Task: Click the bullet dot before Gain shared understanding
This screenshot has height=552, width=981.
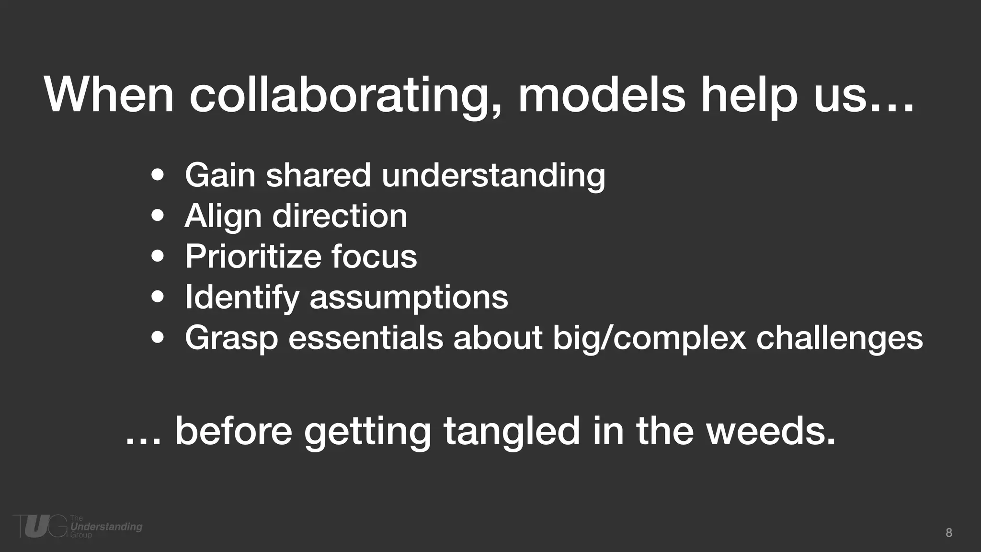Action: (158, 175)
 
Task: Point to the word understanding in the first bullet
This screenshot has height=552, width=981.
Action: (493, 175)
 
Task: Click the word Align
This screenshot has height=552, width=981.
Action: (223, 217)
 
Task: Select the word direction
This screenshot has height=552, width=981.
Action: (340, 216)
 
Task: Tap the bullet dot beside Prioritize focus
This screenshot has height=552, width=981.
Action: (158, 256)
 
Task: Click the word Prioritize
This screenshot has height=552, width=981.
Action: (252, 256)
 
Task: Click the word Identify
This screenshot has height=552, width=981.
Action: (242, 298)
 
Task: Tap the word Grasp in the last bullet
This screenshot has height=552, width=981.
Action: (231, 338)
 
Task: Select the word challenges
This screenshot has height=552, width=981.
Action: (839, 338)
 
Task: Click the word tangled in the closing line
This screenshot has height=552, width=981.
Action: (512, 431)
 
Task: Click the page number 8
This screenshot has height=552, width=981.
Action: (949, 533)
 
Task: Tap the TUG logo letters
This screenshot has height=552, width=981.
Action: (40, 526)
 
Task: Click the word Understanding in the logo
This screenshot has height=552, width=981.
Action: (106, 527)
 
